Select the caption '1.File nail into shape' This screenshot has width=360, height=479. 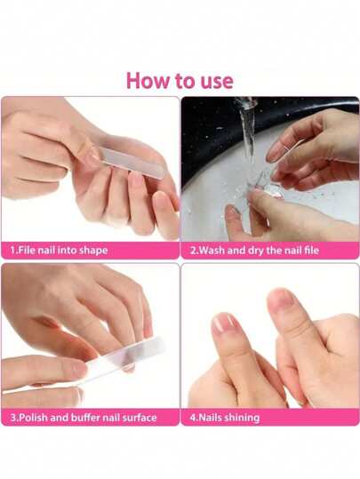click(59, 251)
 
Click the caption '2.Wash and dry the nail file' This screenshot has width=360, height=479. click(254, 251)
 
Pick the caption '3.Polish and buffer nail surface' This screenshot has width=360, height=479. click(84, 418)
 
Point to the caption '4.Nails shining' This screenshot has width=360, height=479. click(225, 418)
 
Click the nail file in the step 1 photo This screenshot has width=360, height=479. click(132, 162)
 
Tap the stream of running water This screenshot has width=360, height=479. click(247, 128)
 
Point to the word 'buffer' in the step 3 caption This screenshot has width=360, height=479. click(85, 418)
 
